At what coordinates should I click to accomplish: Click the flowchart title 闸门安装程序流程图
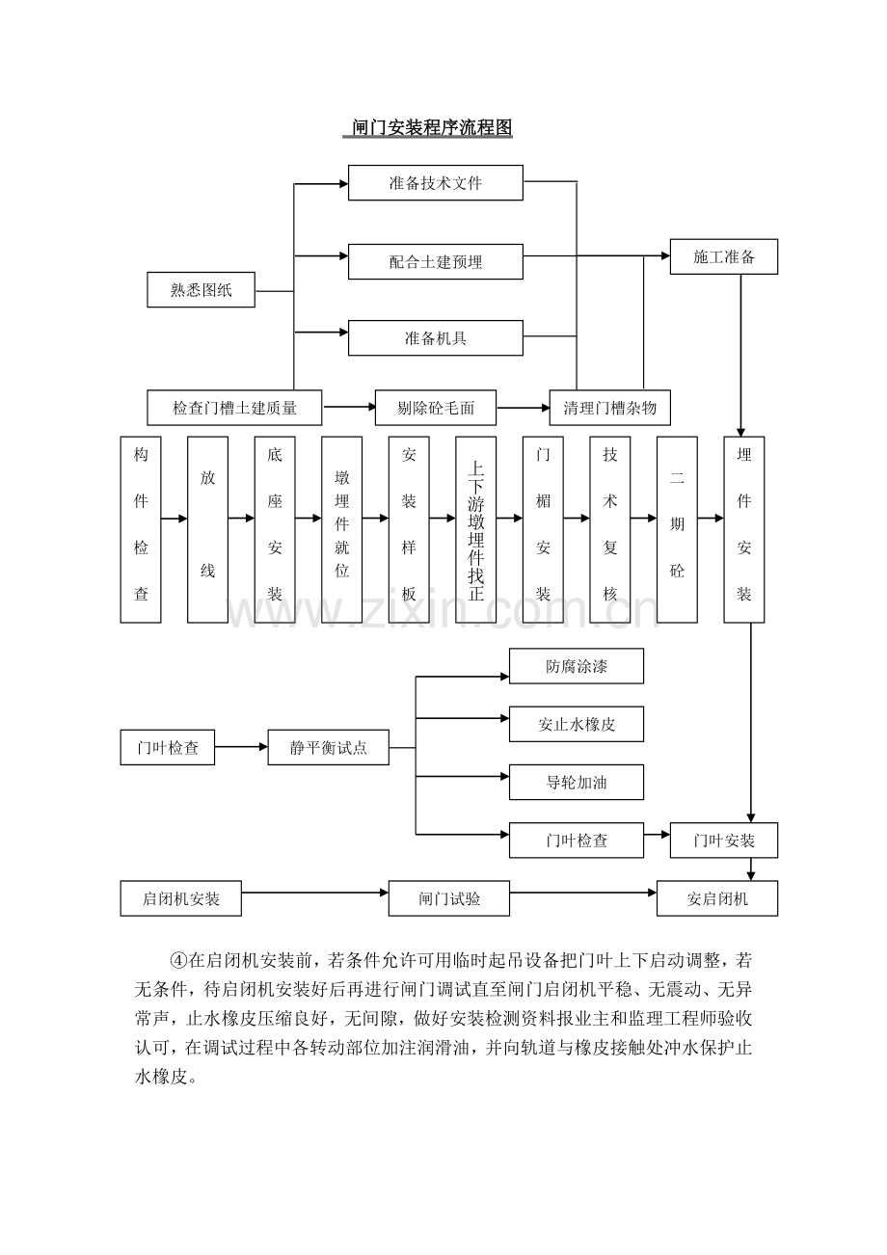point(428,128)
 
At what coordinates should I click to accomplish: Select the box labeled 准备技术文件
point(435,182)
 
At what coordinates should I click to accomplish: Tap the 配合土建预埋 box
point(435,261)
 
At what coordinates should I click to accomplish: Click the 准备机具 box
point(435,337)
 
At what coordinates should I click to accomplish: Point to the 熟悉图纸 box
point(201,290)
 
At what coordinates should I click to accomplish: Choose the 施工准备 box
point(723,257)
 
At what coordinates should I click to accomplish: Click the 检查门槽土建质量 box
point(234,408)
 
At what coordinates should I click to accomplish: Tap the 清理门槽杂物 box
point(609,408)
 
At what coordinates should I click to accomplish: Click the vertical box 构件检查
point(141,529)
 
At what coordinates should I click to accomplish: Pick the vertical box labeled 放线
point(207,529)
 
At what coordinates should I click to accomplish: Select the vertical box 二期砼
point(677,529)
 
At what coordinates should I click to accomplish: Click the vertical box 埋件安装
point(743,529)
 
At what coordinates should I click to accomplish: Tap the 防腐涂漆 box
point(576,666)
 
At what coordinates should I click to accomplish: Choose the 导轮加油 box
point(576,782)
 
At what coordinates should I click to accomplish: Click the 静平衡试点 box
point(328,747)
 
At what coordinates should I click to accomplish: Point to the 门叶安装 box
point(723,841)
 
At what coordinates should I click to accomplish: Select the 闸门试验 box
point(449,898)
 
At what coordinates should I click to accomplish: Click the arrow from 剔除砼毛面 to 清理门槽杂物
point(524,408)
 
